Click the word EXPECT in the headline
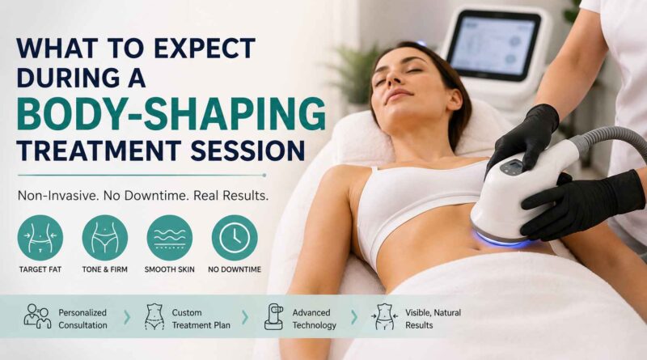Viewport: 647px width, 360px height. tap(205, 49)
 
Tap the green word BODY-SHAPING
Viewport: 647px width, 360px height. tap(171, 114)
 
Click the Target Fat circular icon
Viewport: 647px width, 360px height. tap(40, 238)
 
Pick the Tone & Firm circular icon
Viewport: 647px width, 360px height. tap(105, 238)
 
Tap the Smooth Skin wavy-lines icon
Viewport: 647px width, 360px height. tap(170, 238)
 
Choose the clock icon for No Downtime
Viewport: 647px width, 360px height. tap(235, 238)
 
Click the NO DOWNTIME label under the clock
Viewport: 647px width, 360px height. tap(235, 269)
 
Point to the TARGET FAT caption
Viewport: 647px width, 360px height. tap(40, 269)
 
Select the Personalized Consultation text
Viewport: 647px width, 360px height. tap(82, 319)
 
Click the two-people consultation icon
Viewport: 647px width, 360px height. tap(37, 316)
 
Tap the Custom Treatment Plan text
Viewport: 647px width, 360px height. tap(201, 319)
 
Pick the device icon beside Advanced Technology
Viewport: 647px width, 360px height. tap(274, 316)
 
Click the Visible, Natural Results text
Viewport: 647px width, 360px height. tap(433, 319)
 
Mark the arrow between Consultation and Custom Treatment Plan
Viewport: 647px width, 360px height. tap(127, 317)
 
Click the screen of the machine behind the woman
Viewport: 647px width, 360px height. tap(493, 44)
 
